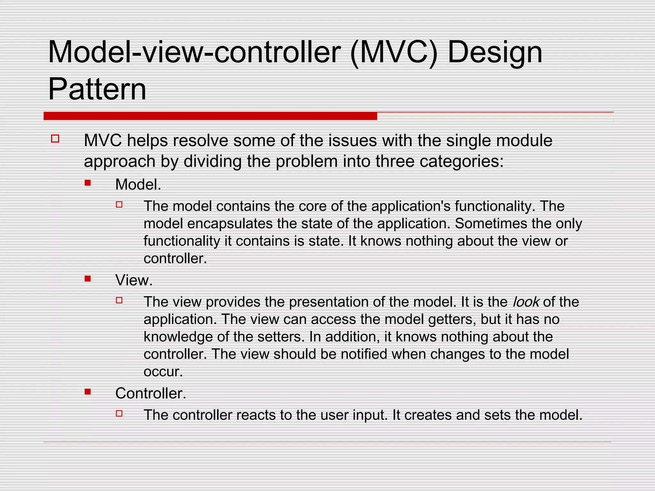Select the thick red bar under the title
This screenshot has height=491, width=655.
[x=210, y=116]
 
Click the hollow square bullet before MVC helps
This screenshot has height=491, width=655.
[x=55, y=139]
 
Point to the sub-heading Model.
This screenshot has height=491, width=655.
[x=138, y=184]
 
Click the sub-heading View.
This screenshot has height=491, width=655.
[x=134, y=280]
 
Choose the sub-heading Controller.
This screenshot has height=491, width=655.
[x=151, y=393]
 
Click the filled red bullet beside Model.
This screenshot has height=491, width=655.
[x=88, y=183]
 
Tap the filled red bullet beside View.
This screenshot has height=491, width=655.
[x=88, y=279]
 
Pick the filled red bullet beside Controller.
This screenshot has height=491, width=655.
[x=88, y=392]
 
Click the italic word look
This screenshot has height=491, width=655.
[x=526, y=302]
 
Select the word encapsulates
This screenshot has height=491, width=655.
[x=230, y=224]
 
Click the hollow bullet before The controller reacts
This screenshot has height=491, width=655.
[x=119, y=413]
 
